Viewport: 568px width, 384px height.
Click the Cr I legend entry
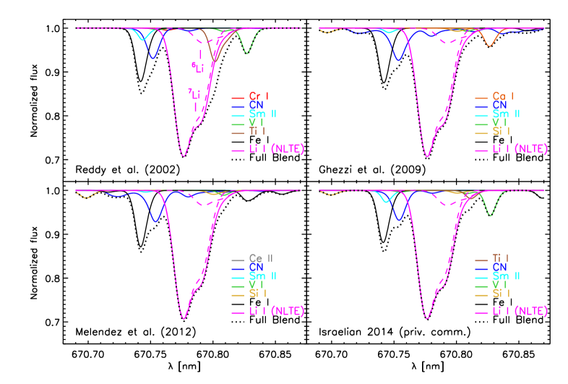click(x=259, y=96)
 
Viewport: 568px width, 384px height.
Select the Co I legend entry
click(x=502, y=96)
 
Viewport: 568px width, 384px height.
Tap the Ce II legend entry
click(x=260, y=258)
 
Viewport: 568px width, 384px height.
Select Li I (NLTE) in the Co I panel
click(x=520, y=150)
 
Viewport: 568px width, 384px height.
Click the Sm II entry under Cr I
click(x=262, y=114)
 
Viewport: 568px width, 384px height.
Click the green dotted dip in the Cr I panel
click(x=248, y=53)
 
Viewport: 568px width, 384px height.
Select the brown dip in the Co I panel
click(x=490, y=46)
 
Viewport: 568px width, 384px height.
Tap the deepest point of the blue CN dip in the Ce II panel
click(x=155, y=221)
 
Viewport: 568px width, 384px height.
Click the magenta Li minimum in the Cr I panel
click(x=184, y=155)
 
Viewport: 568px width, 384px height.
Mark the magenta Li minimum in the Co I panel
click(x=428, y=156)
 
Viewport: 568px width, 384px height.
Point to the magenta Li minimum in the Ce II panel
click(x=184, y=318)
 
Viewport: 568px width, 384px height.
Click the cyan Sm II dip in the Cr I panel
click(x=142, y=39)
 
